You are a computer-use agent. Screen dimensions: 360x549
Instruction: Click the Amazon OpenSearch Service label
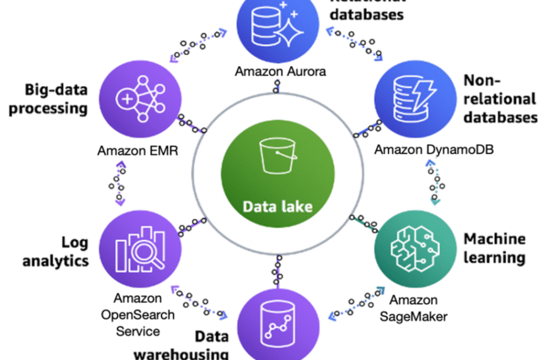[x=137, y=314]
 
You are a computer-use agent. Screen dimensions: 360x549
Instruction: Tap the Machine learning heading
[x=495, y=248]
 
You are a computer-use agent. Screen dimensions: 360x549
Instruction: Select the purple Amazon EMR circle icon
[x=138, y=100]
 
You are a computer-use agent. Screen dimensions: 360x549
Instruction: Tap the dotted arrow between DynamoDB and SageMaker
[x=434, y=183]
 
